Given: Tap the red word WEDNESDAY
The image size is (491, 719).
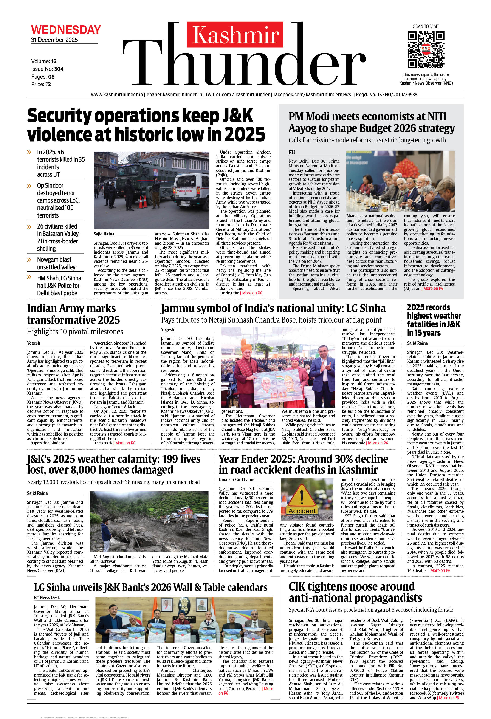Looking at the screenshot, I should click(66, 30).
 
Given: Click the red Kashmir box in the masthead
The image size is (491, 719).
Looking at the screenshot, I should click(235, 34).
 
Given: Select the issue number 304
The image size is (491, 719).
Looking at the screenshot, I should click(59, 69).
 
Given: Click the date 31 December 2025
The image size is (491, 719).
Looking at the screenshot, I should click(54, 40).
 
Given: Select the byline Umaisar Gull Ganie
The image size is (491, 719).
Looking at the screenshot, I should click(236, 480).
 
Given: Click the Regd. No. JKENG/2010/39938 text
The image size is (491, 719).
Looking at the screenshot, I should click(387, 95).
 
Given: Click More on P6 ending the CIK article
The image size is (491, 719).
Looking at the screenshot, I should click(449, 698).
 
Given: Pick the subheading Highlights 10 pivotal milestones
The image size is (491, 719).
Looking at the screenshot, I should click(75, 332).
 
